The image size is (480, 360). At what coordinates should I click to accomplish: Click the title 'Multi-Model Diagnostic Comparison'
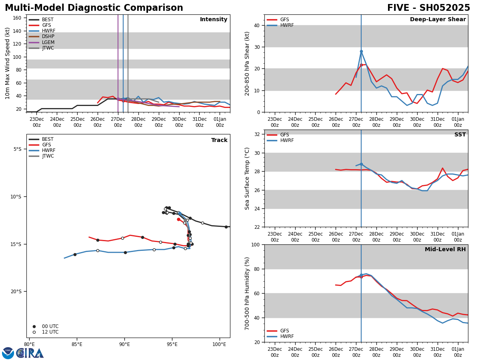click(x=94, y=8)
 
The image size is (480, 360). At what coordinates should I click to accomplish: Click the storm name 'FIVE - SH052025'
click(x=428, y=8)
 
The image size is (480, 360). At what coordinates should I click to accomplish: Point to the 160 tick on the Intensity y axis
click(x=17, y=18)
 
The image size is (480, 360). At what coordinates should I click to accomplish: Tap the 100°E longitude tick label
click(x=219, y=344)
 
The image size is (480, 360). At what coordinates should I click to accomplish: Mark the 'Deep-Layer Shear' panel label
click(x=438, y=20)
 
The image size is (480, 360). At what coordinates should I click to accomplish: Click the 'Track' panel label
click(x=219, y=140)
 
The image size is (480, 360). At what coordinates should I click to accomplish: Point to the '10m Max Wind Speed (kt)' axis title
click(x=8, y=63)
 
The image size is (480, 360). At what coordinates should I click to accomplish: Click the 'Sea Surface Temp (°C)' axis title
click(x=247, y=178)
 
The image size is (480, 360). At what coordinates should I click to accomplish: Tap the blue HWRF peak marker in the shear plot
click(x=361, y=51)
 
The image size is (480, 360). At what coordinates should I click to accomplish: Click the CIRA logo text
click(x=30, y=353)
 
